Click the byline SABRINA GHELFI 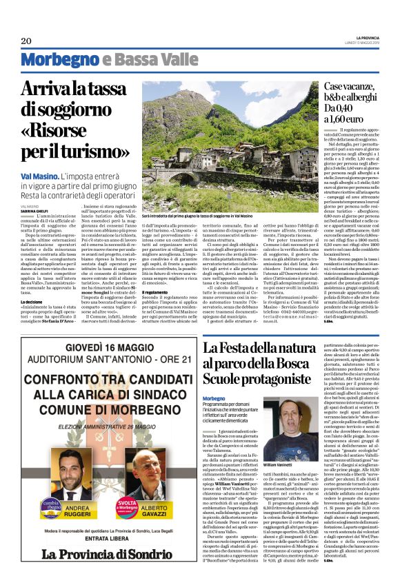tap(35, 210)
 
